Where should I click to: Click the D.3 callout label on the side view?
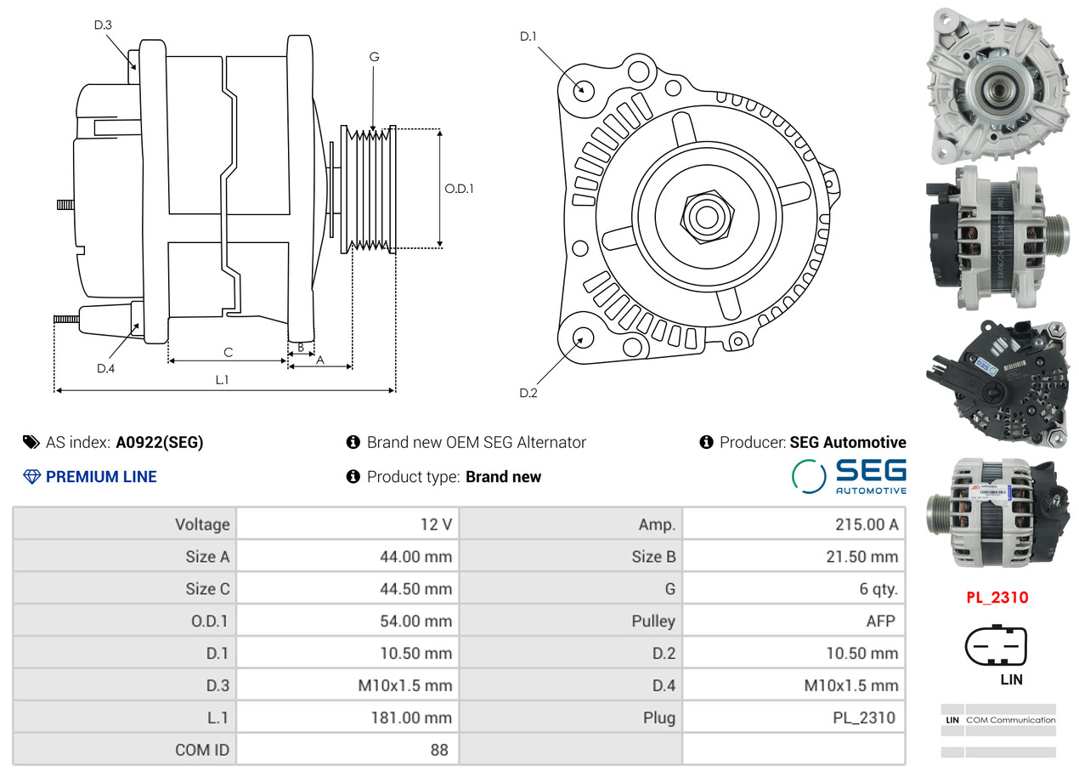point(103,25)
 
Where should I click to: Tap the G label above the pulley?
point(375,57)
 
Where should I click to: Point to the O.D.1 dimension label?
point(459,189)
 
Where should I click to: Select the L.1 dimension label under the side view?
point(222,380)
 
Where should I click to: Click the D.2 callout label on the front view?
point(528,393)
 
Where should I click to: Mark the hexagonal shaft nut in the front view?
point(707,217)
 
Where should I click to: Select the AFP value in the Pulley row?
point(881,621)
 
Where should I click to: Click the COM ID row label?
point(202,750)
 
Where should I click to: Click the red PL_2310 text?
point(997,598)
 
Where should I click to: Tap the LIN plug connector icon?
point(996,645)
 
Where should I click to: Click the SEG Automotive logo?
point(850,476)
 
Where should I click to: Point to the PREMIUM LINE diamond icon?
point(31,477)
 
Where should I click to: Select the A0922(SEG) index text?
point(160,442)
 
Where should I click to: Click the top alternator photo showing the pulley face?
point(997,86)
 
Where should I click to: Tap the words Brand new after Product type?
point(503,477)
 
